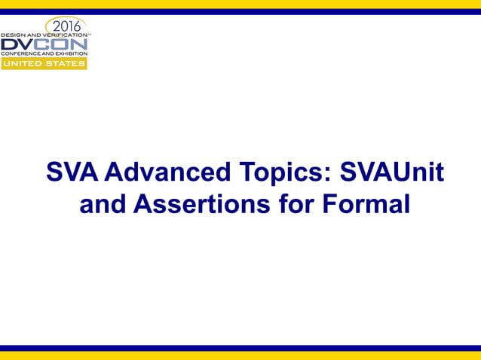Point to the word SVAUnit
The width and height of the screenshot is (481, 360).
(392, 173)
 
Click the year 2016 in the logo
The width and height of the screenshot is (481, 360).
(66, 27)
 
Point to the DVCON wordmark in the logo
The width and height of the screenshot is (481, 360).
(44, 45)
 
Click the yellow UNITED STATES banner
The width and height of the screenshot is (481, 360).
(44, 64)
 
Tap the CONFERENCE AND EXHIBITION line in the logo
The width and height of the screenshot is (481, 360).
(44, 54)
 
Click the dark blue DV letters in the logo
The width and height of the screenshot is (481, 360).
(18, 45)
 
